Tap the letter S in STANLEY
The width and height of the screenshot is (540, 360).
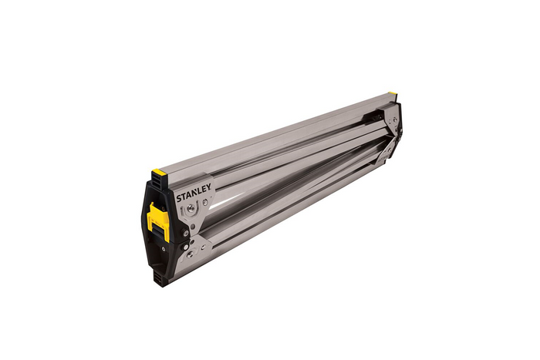(178, 200)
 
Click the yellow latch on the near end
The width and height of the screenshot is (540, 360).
(158, 220)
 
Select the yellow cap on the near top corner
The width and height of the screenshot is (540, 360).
(157, 172)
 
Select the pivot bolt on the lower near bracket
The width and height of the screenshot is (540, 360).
(190, 253)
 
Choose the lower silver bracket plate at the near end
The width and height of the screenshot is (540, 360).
(197, 251)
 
